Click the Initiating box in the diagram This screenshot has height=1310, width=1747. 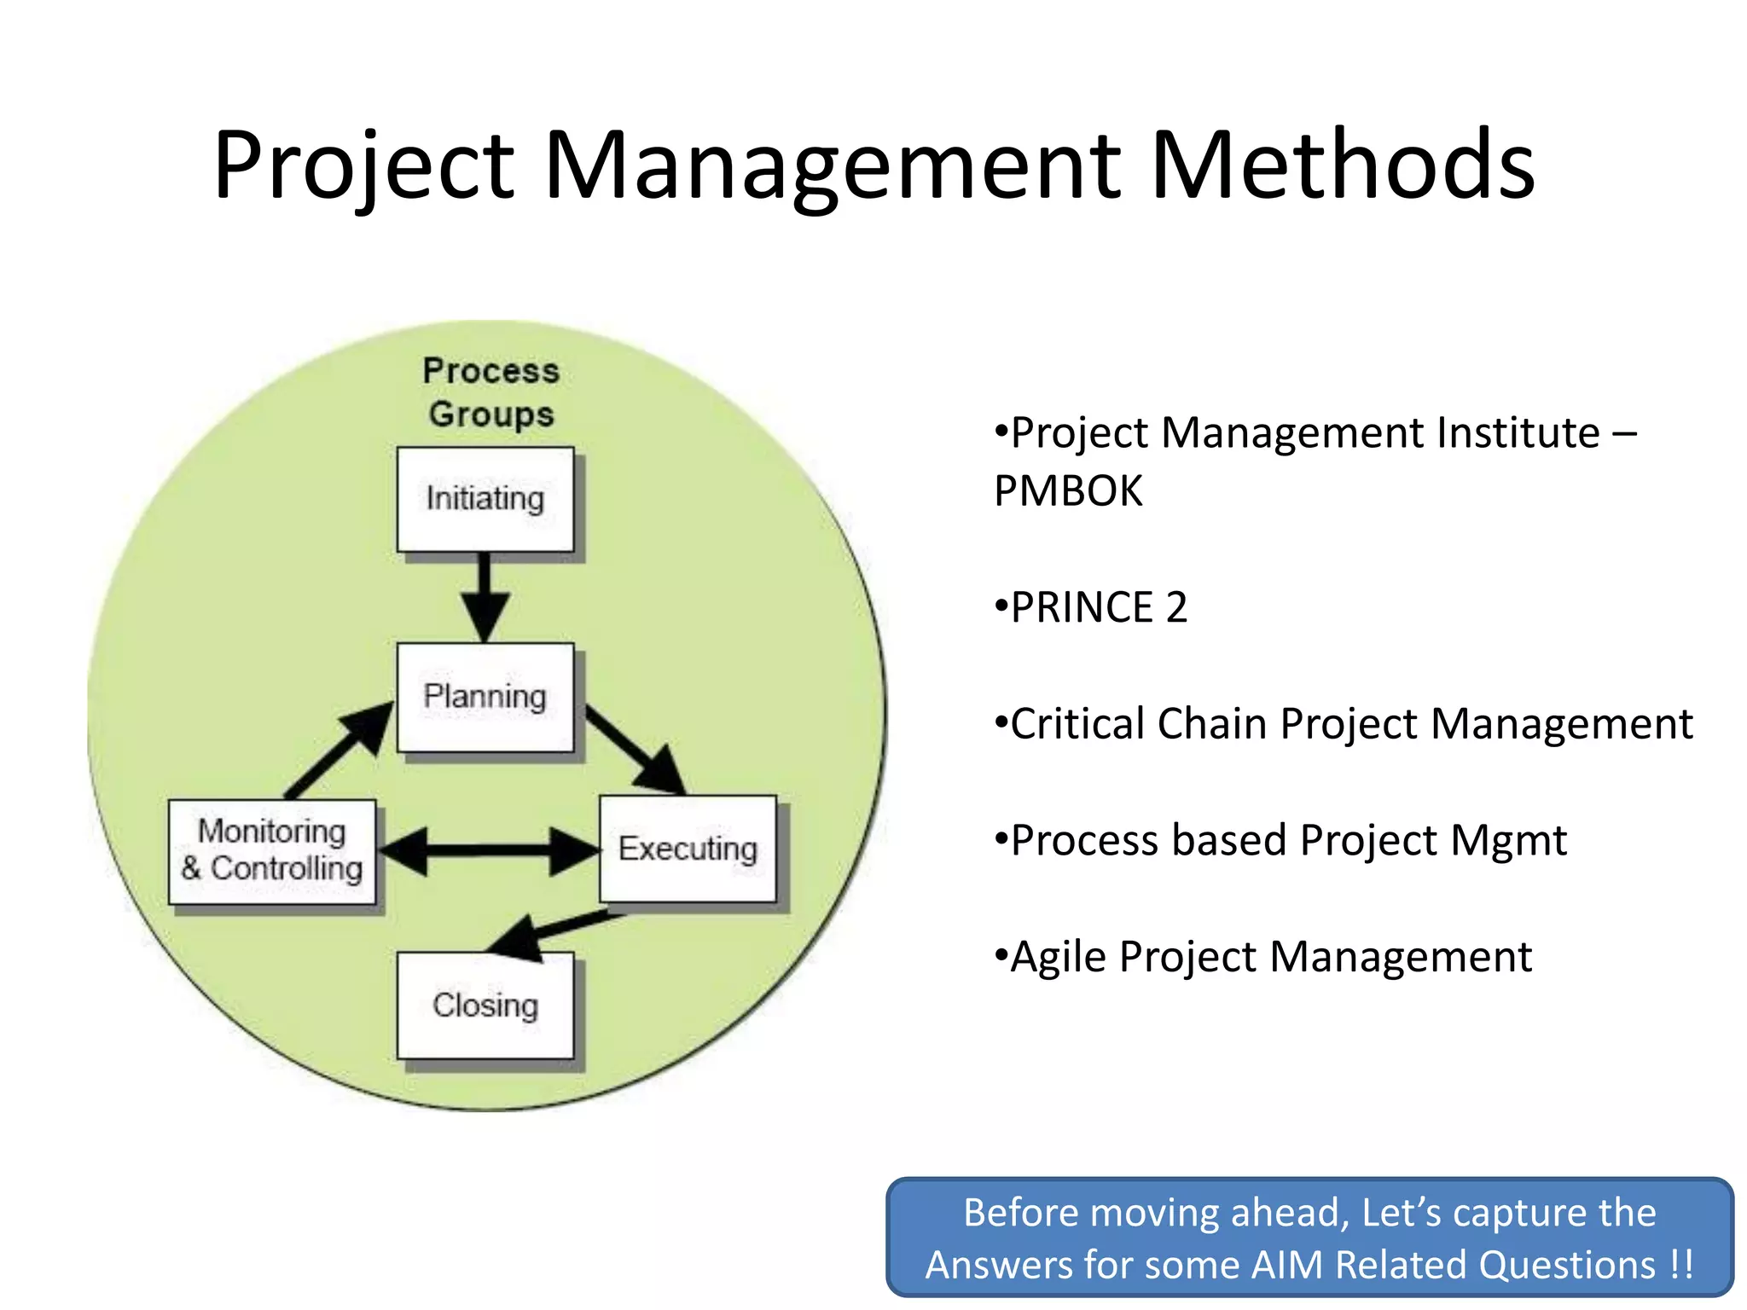point(485,500)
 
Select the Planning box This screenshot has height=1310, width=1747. point(485,698)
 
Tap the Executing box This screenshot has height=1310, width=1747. point(688,849)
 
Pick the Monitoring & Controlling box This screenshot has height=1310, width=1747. point(272,851)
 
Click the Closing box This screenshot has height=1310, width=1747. point(485,1006)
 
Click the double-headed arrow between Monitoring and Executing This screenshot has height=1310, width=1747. point(488,850)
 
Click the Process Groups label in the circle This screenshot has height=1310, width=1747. point(491,392)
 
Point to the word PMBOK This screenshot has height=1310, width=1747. point(1068,491)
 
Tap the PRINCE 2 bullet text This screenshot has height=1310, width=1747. point(1098,607)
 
